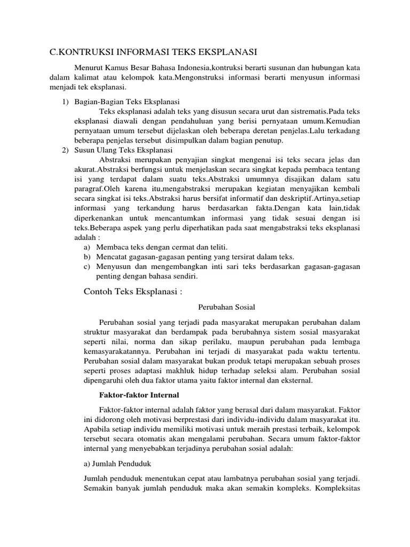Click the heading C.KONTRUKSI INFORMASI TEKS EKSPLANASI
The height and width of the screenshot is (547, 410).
pos(154,52)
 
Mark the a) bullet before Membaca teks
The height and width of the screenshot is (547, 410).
pos(86,247)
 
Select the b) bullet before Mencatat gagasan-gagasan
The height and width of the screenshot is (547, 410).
pos(86,256)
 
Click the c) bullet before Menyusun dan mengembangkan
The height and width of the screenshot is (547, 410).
pos(86,267)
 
